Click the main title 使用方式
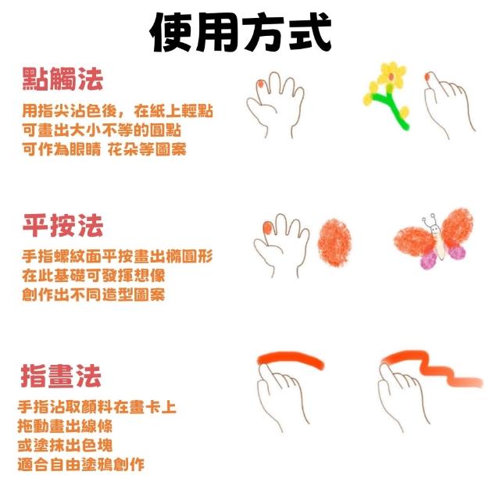click(x=241, y=32)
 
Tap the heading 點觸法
click(x=62, y=79)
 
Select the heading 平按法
click(x=62, y=225)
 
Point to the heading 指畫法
click(x=61, y=376)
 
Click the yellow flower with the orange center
click(x=391, y=75)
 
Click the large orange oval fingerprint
click(x=334, y=243)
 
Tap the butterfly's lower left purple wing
click(x=429, y=259)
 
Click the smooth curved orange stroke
click(x=291, y=360)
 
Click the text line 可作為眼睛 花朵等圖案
click(x=104, y=149)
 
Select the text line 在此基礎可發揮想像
click(x=94, y=276)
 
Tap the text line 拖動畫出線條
click(x=65, y=426)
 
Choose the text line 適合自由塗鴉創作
click(x=81, y=464)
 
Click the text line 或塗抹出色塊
click(x=65, y=445)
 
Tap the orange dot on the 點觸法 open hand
click(x=260, y=84)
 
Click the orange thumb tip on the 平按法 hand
click(x=267, y=227)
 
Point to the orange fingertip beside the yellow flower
click(x=428, y=77)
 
